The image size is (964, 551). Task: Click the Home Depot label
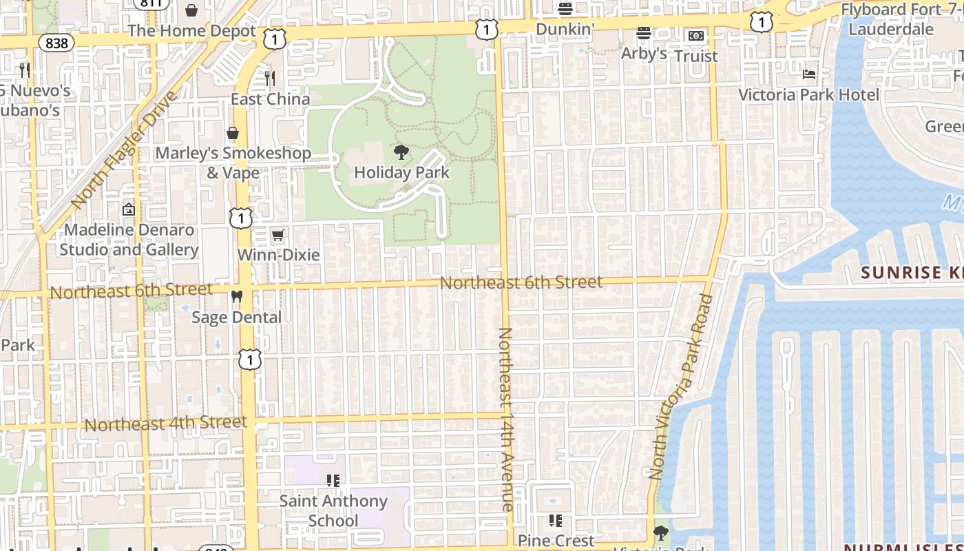coord(191,31)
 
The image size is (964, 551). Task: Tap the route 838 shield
coord(57,43)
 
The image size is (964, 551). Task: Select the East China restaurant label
coord(270,99)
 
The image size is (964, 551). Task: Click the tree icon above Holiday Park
coord(401,152)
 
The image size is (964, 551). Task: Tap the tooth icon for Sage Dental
coord(236,298)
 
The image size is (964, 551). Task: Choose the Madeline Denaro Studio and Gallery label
coord(129,240)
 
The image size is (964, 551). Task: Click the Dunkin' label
coord(565,29)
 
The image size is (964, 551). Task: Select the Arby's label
coord(644,53)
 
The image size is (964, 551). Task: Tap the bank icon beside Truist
coord(696,36)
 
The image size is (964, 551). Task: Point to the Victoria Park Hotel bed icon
coord(809,74)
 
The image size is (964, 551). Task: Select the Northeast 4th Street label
coord(165,424)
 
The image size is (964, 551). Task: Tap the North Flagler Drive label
coord(124,150)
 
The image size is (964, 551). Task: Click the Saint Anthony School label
coord(333,510)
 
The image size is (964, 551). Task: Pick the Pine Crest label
coord(556,541)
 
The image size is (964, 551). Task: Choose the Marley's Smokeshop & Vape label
coord(233,163)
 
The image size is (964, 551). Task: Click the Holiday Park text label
coord(401,172)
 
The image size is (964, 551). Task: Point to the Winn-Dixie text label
coord(278,255)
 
